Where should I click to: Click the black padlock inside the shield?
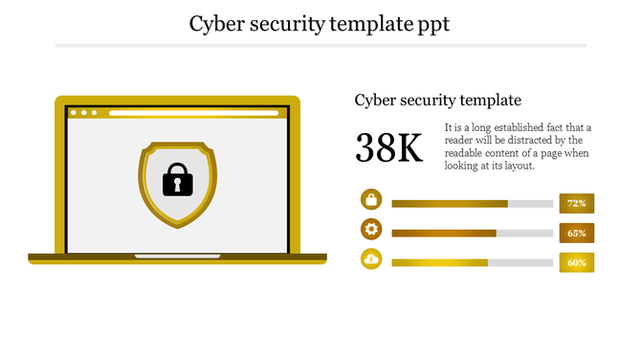pos(177,180)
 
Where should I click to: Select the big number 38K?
pos(388,148)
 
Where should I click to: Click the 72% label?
pos(576,203)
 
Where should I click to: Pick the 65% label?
pos(576,233)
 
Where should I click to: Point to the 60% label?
pos(576,262)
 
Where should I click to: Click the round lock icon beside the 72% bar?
pos(371,199)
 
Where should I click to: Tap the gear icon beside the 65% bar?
pos(371,229)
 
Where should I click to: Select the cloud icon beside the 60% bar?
pos(371,259)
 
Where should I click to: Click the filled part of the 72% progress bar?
pos(450,204)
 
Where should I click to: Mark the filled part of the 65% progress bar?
pos(444,234)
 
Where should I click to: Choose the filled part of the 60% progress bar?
pos(439,263)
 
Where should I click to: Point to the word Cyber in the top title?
pos(217,23)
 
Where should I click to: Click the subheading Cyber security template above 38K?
pos(437,100)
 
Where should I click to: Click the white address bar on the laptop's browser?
pos(195,113)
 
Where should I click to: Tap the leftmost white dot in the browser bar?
pos(74,113)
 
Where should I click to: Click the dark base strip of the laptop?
pos(177,258)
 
